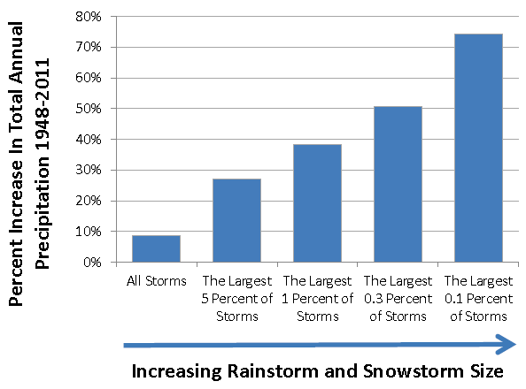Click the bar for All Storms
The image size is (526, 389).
point(156,248)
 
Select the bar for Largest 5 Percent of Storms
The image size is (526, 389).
point(236,220)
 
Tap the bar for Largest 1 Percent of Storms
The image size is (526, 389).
point(317,202)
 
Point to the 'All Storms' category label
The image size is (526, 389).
point(156,283)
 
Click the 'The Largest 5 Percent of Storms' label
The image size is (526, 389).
point(236,300)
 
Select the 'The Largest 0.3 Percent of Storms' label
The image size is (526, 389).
point(398,300)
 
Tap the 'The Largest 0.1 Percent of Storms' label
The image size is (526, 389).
point(478,300)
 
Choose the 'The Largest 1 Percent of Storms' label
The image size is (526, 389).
point(317,300)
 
